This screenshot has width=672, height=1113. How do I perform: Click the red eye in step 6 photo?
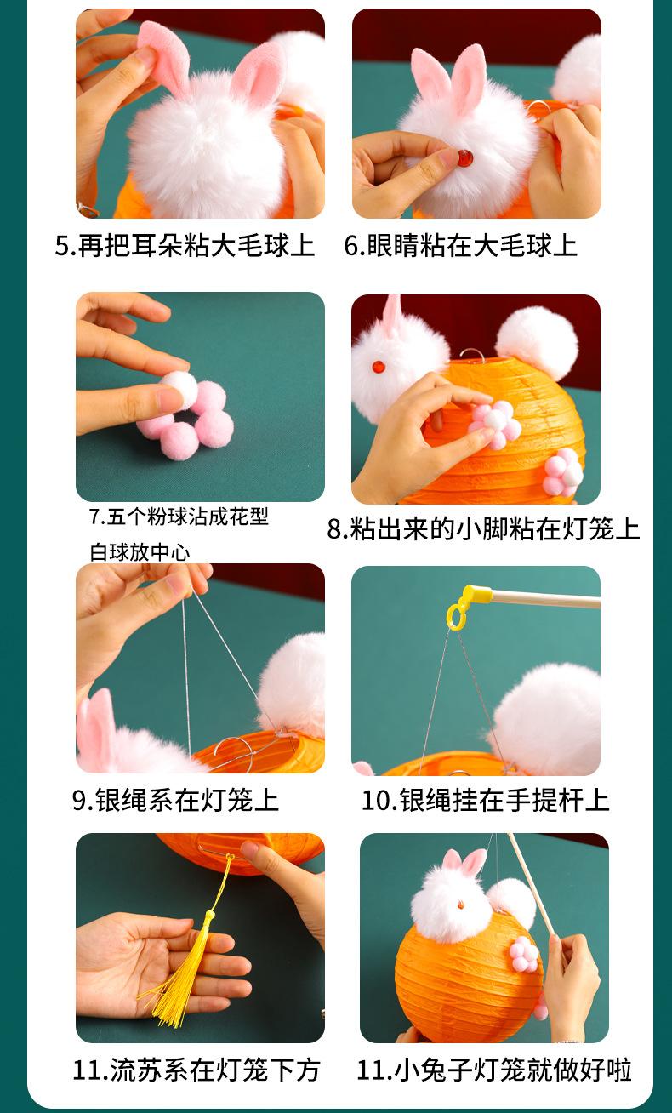465,158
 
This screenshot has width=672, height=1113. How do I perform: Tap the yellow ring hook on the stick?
458,614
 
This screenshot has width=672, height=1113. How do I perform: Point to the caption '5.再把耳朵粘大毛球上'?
185,245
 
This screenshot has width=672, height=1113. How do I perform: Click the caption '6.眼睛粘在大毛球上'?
460,245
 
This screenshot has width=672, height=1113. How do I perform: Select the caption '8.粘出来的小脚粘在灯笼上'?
483,528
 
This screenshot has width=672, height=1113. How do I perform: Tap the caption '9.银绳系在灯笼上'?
175,800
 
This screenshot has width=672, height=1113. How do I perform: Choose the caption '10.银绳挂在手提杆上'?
485,800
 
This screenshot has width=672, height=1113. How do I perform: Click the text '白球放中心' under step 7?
140,552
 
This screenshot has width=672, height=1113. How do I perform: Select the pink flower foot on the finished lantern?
523,955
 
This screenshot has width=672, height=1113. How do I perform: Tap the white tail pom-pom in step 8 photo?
538,342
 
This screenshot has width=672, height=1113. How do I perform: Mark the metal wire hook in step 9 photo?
236,747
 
